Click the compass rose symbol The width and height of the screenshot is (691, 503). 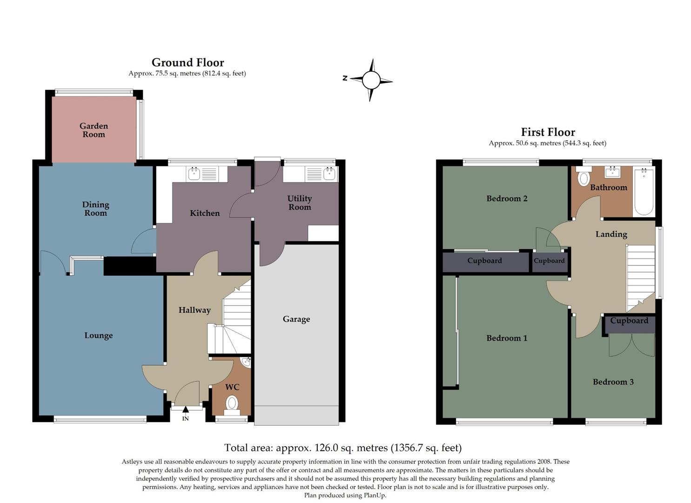pos(371,80)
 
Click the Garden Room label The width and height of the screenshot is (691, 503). pos(94,130)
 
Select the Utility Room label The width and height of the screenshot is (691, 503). pos(299,203)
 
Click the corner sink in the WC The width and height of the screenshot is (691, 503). pos(246,362)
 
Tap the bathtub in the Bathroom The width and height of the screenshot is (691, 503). pos(644,191)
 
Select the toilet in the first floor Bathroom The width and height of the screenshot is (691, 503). pos(583,177)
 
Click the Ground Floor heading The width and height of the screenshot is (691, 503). pos(188,62)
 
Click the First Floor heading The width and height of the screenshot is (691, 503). pos(548,132)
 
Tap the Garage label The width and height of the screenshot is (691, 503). pos(296,319)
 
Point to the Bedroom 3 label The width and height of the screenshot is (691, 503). pos(613,382)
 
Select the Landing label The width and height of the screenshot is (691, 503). pos(611,234)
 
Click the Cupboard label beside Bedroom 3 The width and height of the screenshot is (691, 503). pos(629,321)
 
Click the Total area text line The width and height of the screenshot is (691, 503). pos(343,448)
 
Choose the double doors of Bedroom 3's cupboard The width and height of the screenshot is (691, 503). pos(631,346)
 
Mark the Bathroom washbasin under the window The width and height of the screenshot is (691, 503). pos(612,173)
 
